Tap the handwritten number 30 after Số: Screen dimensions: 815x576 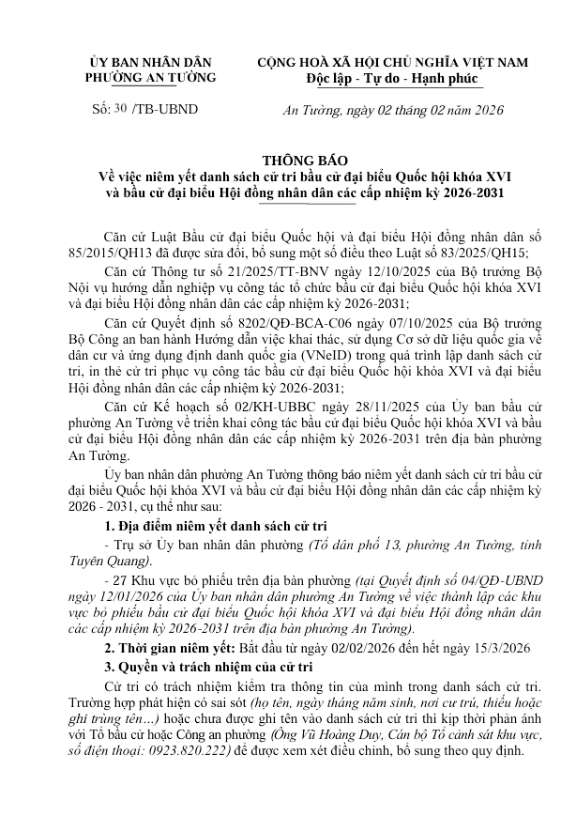(x=119, y=110)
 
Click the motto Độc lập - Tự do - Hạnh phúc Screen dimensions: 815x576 (x=392, y=78)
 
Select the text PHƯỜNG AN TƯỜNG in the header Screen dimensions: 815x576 (x=150, y=78)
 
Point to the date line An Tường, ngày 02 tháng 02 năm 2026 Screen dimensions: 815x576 (x=393, y=111)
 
